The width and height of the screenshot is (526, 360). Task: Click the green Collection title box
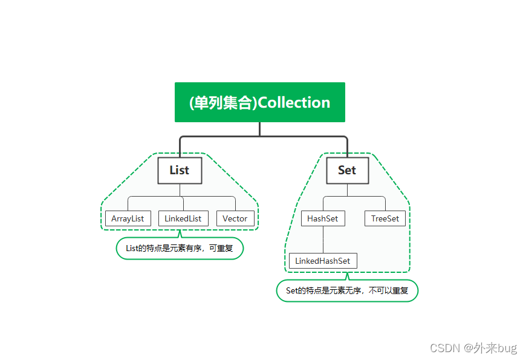(259, 102)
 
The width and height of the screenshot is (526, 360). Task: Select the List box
(180, 170)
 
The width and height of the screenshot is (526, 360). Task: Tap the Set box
(347, 170)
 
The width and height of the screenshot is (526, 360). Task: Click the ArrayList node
(128, 218)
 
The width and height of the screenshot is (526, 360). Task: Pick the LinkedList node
(183, 218)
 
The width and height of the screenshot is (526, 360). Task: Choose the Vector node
(235, 218)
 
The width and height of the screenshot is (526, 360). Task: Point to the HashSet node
(323, 218)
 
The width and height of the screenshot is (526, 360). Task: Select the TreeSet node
(385, 218)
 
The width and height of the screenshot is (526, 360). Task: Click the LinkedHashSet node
(323, 261)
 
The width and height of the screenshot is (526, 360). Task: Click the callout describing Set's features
(347, 290)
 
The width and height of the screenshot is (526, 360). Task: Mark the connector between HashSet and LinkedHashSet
(323, 240)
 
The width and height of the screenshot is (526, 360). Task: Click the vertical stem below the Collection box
(259, 129)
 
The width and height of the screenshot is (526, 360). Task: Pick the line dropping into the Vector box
(235, 204)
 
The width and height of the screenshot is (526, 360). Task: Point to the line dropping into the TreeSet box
(385, 204)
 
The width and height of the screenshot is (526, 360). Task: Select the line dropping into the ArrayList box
(128, 204)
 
